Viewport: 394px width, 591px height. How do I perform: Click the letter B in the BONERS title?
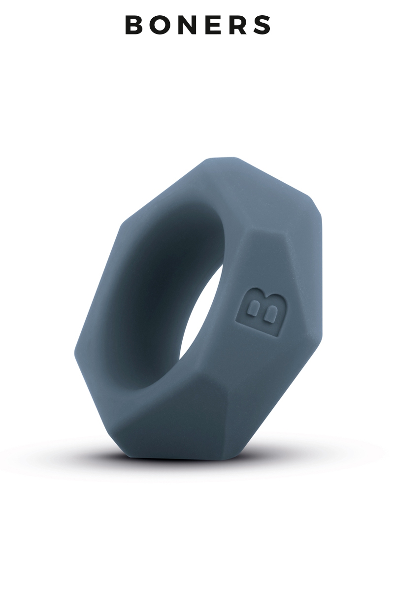[x=134, y=25]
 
